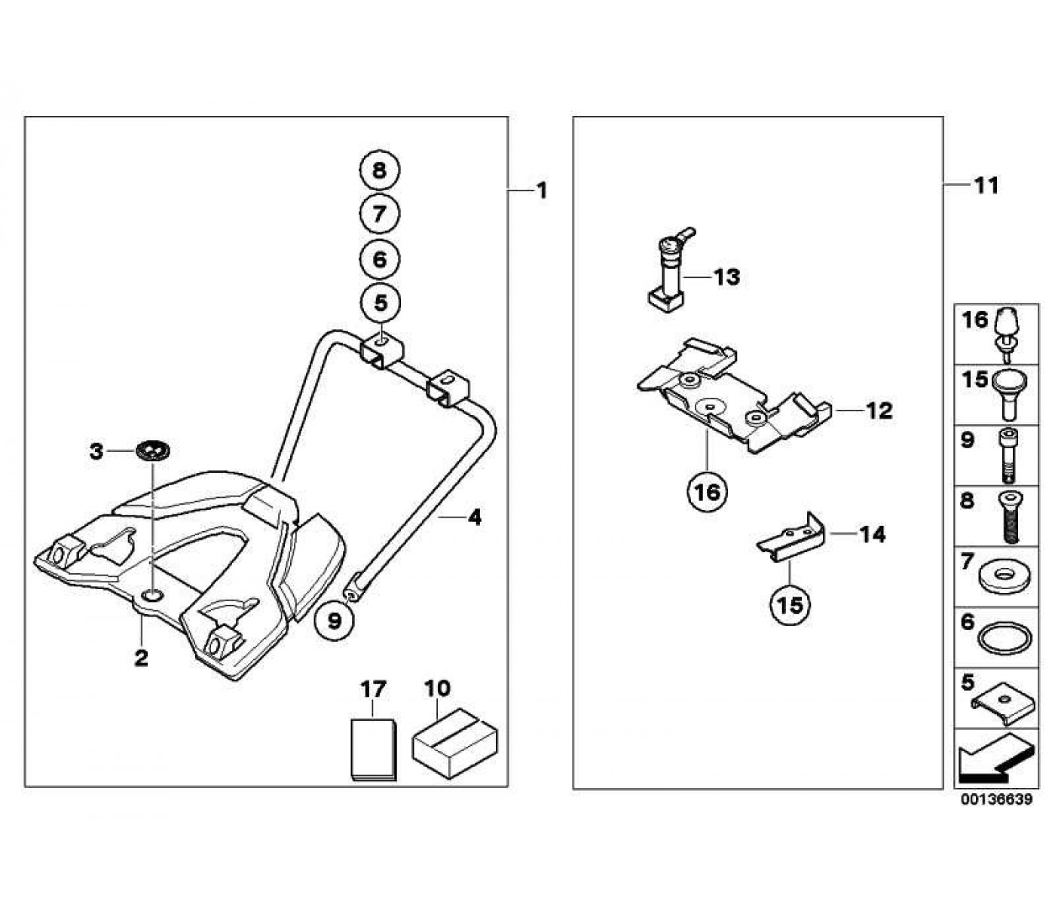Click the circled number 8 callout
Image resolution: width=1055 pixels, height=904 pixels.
pyautogui.click(x=379, y=170)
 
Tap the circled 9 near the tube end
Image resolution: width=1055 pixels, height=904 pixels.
pyautogui.click(x=335, y=621)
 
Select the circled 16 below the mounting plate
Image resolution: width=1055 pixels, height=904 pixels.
pyautogui.click(x=707, y=492)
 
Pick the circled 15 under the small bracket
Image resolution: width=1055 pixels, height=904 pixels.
pyautogui.click(x=790, y=605)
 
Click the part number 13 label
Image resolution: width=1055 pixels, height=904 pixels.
pyautogui.click(x=726, y=277)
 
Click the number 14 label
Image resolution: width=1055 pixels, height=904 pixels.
pyautogui.click(x=873, y=534)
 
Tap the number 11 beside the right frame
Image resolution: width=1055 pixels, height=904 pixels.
pyautogui.click(x=986, y=186)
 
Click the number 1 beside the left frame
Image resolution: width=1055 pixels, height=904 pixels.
pyautogui.click(x=542, y=191)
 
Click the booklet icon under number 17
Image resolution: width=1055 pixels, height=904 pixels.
pyautogui.click(x=374, y=750)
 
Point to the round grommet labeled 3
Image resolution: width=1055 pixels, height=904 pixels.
pyautogui.click(x=154, y=451)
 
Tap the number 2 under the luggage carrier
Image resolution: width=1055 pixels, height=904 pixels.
pyautogui.click(x=141, y=658)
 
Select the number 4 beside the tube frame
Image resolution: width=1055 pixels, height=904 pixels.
pyautogui.click(x=475, y=518)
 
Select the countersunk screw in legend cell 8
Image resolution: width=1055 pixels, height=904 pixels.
pyautogui.click(x=1009, y=517)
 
